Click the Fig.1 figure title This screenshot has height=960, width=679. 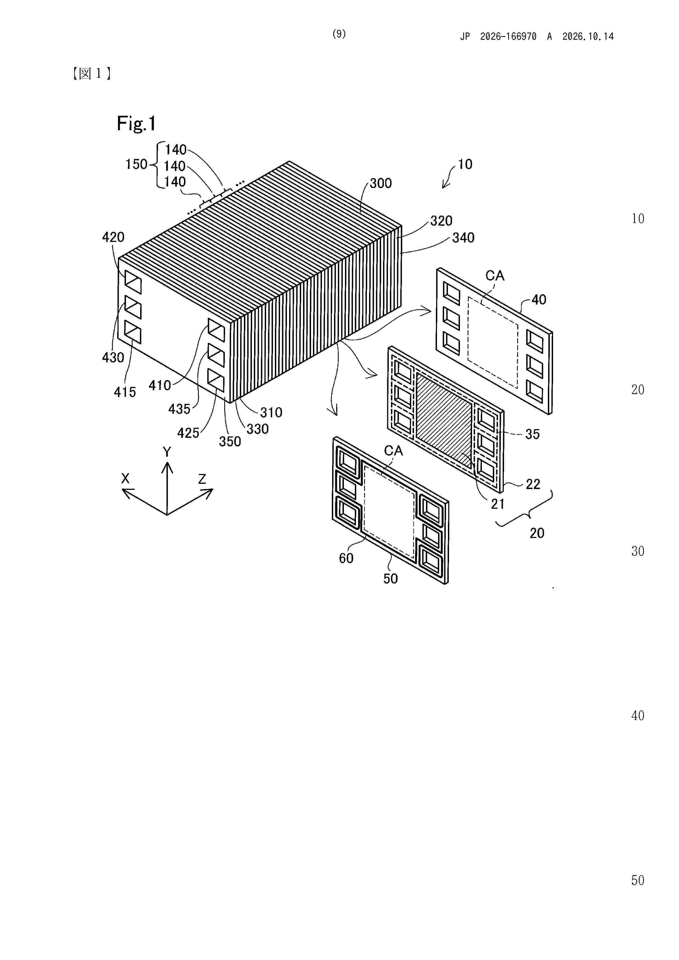coord(136,124)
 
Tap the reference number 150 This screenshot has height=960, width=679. coord(136,164)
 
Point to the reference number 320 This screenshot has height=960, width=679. coord(441,221)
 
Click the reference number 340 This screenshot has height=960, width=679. coord(464,238)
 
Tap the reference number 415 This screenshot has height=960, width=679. coord(125,392)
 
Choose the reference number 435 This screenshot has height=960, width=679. coord(180,409)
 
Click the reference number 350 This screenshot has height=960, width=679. coord(230,441)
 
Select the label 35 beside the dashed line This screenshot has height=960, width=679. coord(533,434)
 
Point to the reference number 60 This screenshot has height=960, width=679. coord(346,558)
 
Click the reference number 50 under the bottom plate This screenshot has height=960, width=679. coord(391,579)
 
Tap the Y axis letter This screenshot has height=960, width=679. coord(167,452)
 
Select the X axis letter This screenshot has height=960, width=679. coord(125,478)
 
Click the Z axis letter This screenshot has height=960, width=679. coord(202,479)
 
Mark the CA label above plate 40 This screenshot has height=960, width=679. coord(495,276)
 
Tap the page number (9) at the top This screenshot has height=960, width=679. coord(339,34)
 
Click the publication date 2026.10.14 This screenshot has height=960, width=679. coord(588,36)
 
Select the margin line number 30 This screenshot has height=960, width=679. coord(638,551)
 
